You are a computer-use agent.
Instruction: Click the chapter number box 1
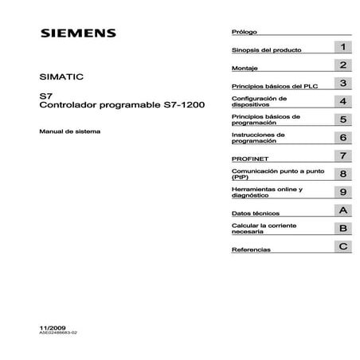(x=342, y=48)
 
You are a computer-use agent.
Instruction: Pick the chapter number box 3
(x=342, y=83)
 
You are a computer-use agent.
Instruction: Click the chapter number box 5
(x=342, y=119)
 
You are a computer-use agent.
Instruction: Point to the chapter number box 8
(x=342, y=174)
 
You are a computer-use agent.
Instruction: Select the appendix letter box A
(x=342, y=210)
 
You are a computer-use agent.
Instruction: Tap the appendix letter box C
(x=342, y=247)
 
